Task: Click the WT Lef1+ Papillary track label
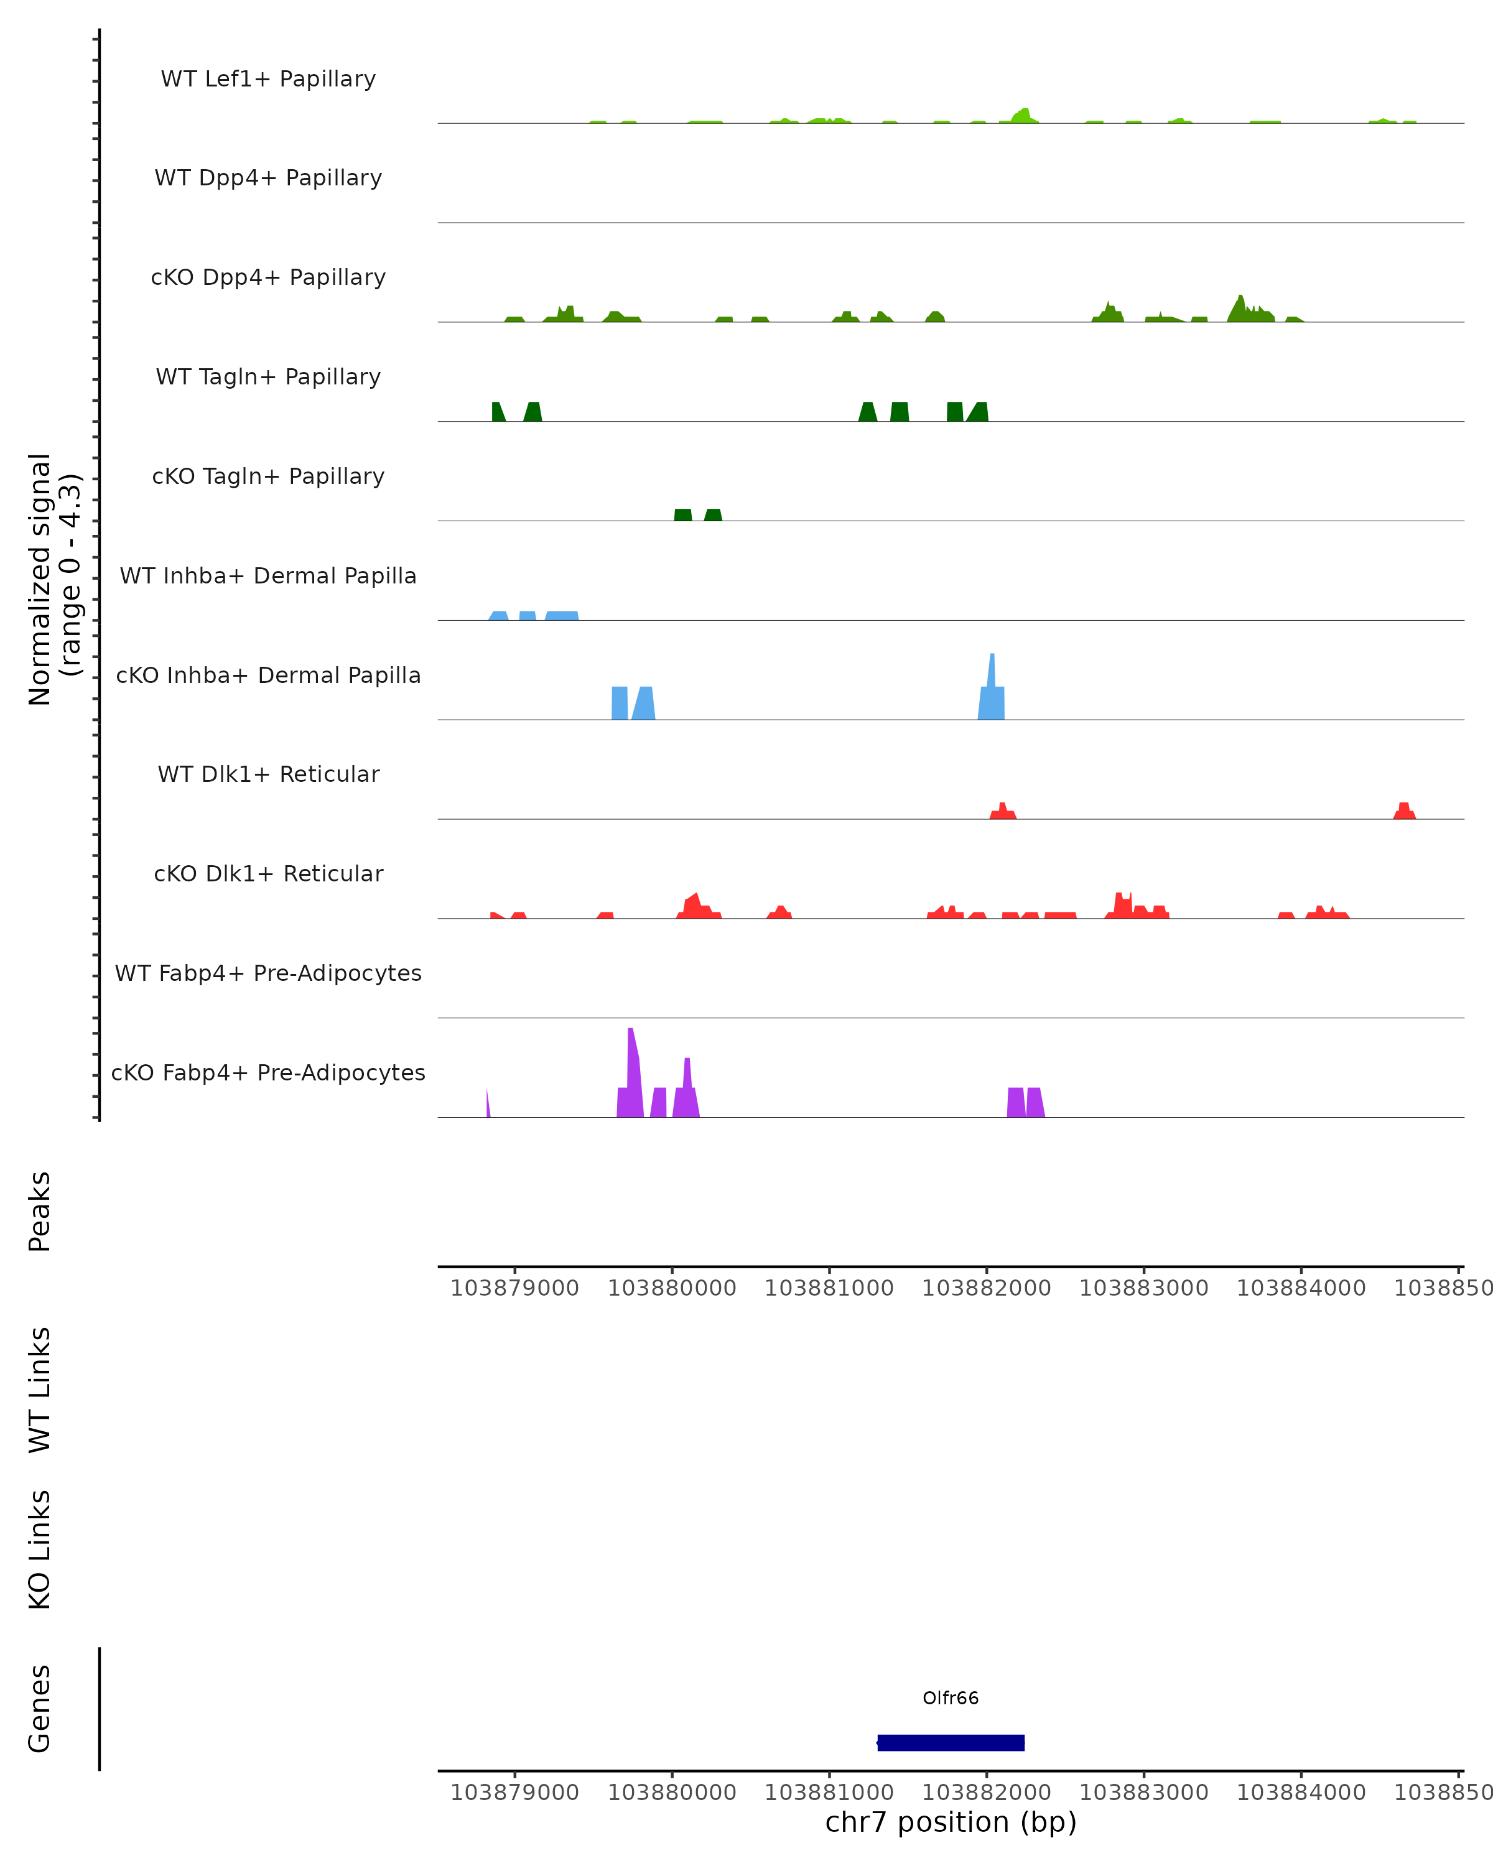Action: (x=268, y=79)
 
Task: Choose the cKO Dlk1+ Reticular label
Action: (x=268, y=873)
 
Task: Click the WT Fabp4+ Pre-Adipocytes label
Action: (x=268, y=973)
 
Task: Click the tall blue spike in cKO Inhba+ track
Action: (x=992, y=684)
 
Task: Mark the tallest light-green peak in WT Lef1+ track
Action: (x=1025, y=114)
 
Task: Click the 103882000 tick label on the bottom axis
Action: (x=986, y=1793)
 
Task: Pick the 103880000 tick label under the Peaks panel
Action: (x=672, y=1288)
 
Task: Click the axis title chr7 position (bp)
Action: (x=951, y=1822)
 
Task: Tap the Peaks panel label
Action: (x=40, y=1211)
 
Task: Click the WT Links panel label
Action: (x=40, y=1389)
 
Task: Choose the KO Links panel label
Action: (x=40, y=1549)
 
